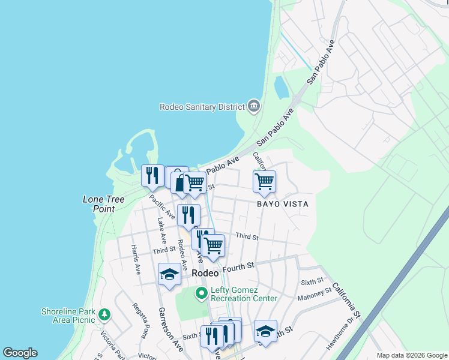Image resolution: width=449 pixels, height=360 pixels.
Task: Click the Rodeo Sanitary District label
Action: pyautogui.click(x=202, y=107)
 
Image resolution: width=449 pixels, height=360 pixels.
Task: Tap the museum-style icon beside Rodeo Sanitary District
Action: pyautogui.click(x=254, y=106)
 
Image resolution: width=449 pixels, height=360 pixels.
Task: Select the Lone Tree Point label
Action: pyautogui.click(x=99, y=204)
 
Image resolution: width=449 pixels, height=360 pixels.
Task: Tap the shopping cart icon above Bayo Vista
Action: pyautogui.click(x=264, y=181)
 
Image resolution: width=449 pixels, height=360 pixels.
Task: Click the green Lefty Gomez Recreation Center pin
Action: pyautogui.click(x=201, y=293)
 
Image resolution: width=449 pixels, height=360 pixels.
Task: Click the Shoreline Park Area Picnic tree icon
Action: pyautogui.click(x=104, y=314)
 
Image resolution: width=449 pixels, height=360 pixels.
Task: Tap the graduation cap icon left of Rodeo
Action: pyautogui.click(x=169, y=274)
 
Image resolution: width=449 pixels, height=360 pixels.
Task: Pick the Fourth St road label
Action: pyautogui.click(x=239, y=266)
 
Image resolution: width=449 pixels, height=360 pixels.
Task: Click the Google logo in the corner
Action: pyautogui.click(x=20, y=353)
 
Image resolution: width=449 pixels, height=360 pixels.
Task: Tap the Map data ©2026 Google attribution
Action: pyautogui.click(x=412, y=355)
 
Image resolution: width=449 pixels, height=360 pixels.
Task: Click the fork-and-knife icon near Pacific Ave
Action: pyautogui.click(x=152, y=175)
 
